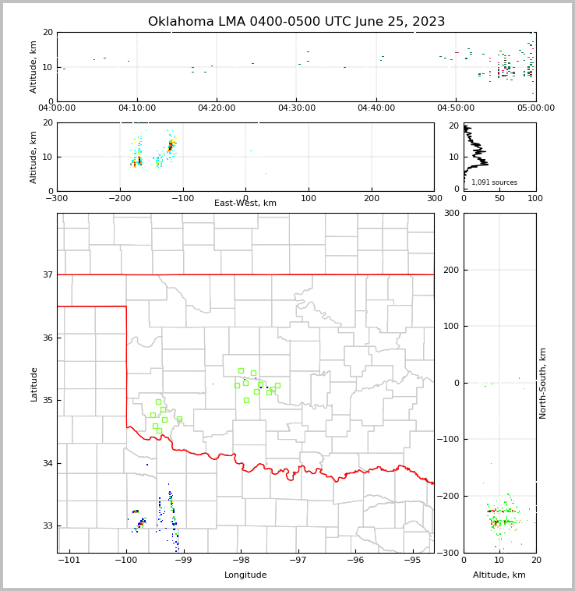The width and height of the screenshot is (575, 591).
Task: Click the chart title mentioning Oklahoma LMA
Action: tap(296, 22)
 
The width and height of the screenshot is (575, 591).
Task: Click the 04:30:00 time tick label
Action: tap(297, 108)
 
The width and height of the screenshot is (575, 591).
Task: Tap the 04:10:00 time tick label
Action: tap(137, 108)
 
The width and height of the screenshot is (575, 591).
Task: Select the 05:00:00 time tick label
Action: tap(536, 108)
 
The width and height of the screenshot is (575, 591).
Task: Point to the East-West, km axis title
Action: tap(245, 203)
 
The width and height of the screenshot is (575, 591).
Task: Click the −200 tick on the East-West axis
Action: tap(118, 198)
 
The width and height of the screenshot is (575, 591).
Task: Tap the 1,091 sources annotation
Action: tap(494, 182)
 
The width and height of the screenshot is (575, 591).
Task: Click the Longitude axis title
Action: tap(245, 575)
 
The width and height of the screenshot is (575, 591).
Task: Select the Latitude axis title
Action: tap(34, 384)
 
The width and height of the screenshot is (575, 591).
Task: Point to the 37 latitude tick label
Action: tap(48, 274)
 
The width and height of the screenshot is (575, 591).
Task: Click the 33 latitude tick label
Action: tap(48, 526)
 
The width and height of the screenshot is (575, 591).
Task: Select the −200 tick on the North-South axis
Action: tap(450, 497)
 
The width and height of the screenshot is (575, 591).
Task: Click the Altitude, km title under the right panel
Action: tap(499, 575)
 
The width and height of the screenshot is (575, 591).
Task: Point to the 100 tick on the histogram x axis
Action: tap(536, 198)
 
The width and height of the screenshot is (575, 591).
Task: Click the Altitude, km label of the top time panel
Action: tap(34, 66)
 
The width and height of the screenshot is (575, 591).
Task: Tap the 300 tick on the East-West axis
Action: tap(434, 198)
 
